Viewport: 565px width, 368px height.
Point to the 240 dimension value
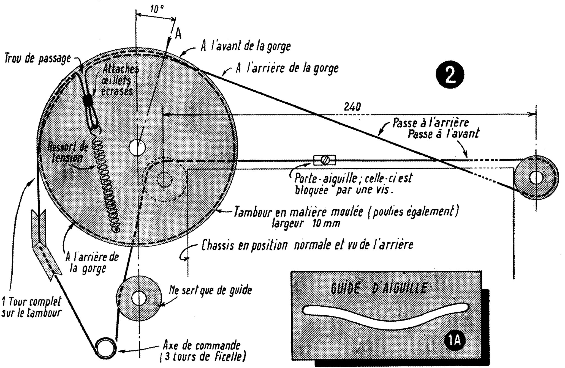tap(352, 107)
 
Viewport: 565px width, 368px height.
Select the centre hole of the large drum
tap(137, 147)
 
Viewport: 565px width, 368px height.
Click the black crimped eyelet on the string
tap(88, 101)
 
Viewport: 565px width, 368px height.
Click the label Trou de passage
tap(37, 59)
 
